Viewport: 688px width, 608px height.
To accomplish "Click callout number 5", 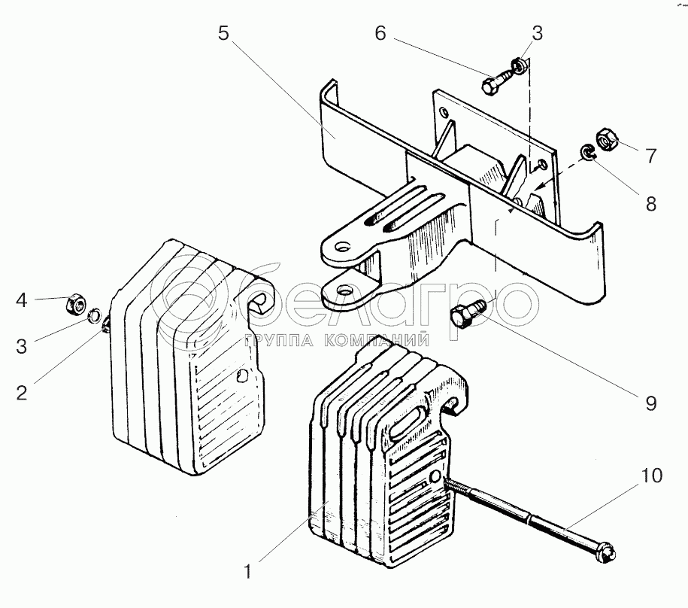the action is coord(224,33).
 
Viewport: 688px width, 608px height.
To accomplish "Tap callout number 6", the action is coord(380,33).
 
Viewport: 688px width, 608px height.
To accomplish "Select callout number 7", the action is coord(651,156).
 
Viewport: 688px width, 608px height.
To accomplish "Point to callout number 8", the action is coord(651,204).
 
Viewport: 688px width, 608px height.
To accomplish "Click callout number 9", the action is coord(651,403).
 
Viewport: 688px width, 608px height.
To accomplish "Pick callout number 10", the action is coord(652,476).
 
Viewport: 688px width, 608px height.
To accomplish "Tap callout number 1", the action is coord(248,572).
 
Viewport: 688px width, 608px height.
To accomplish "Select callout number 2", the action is coord(22,393).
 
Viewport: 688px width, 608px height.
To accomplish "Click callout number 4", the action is coord(22,300).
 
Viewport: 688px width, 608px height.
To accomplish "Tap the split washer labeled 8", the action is coord(586,152).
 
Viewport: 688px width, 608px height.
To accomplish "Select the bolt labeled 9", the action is coord(467,312).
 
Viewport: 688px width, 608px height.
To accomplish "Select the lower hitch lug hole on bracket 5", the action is coord(346,290).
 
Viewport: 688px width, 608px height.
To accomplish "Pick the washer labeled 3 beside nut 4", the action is coord(93,315).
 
